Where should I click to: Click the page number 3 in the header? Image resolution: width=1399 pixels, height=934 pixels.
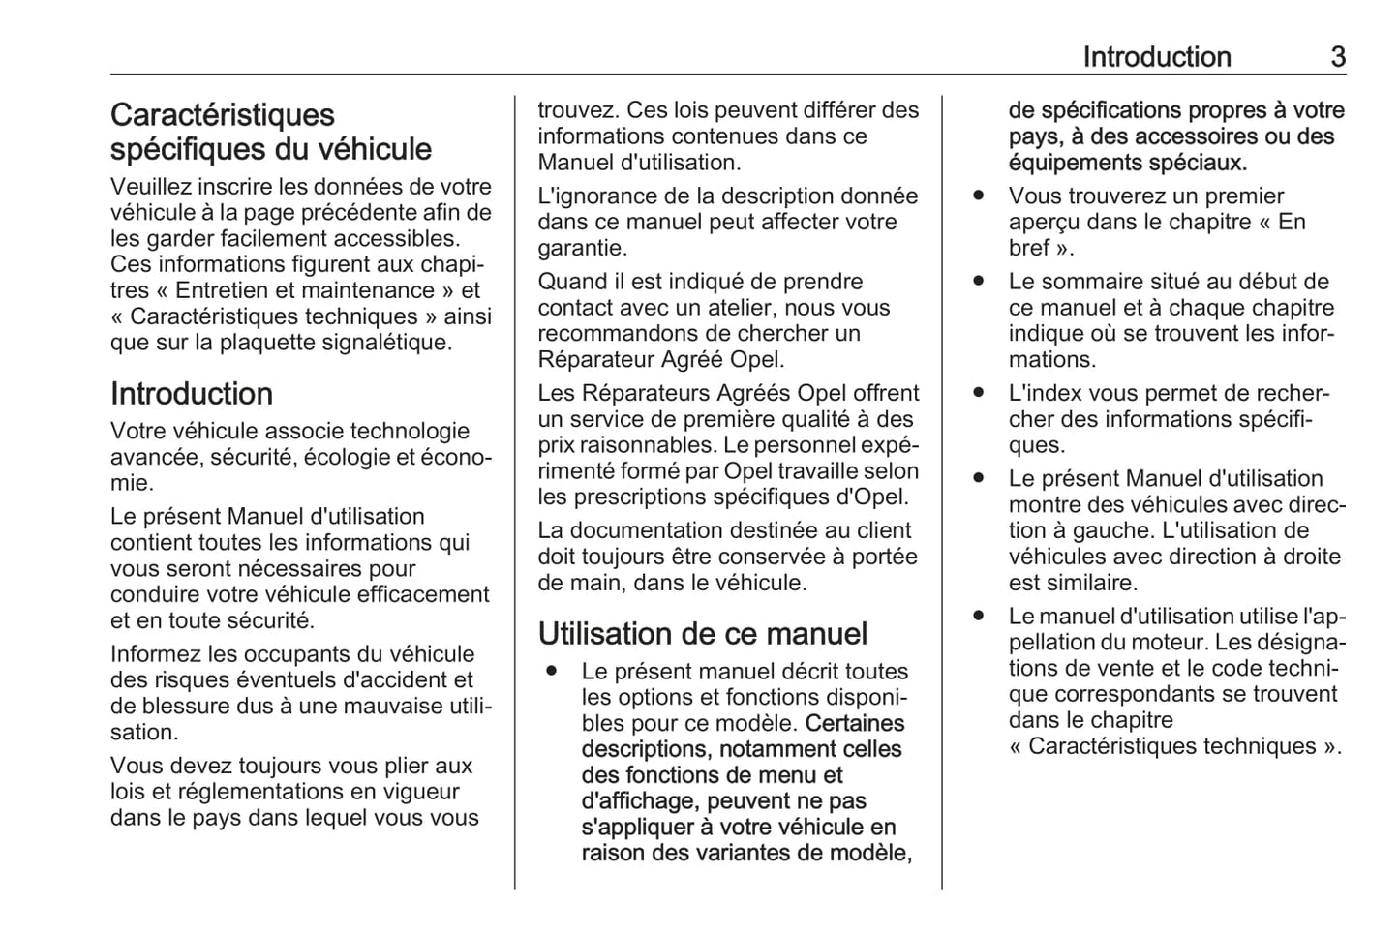pos(1337,57)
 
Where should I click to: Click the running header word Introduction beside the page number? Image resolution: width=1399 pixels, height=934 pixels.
pos(1156,57)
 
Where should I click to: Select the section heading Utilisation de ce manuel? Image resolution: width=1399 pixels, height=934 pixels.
pos(702,634)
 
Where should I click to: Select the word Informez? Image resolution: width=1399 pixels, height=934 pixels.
pos(155,654)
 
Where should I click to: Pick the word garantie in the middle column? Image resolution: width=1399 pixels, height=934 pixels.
pos(583,248)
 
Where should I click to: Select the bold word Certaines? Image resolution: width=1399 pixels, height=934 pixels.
pos(854,723)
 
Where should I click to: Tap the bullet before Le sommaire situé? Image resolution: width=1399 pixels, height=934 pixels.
pos(979,282)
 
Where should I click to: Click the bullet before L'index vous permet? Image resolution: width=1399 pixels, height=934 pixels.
pos(979,393)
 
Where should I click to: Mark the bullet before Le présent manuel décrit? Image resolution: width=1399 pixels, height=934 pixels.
pos(551,671)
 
